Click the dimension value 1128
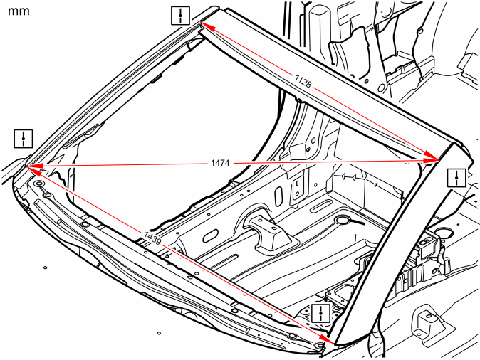coord(303,80)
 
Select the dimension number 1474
coord(220,163)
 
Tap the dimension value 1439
coord(152,238)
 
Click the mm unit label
coord(19,11)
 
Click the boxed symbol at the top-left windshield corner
coord(180,16)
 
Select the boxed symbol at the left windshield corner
coord(24,139)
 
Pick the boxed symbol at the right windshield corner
coord(456,177)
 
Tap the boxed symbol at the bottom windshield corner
coord(320,313)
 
